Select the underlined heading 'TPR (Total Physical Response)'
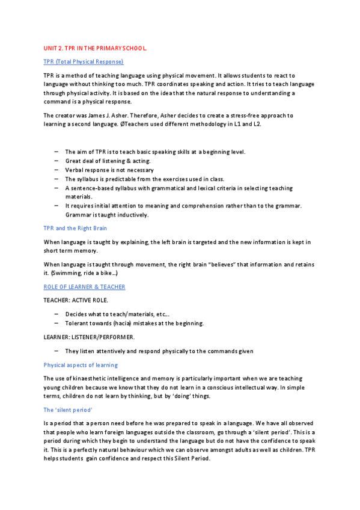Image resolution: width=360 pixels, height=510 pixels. [x=83, y=62]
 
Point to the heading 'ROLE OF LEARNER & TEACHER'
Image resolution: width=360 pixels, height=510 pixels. [x=84, y=287]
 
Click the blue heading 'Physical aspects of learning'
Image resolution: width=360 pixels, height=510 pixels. [x=81, y=365]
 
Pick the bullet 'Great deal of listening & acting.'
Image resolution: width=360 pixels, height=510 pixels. [x=108, y=161]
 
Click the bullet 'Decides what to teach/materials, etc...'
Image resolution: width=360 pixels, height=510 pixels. [x=117, y=314]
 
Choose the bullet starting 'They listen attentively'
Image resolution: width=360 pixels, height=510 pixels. [x=159, y=351]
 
